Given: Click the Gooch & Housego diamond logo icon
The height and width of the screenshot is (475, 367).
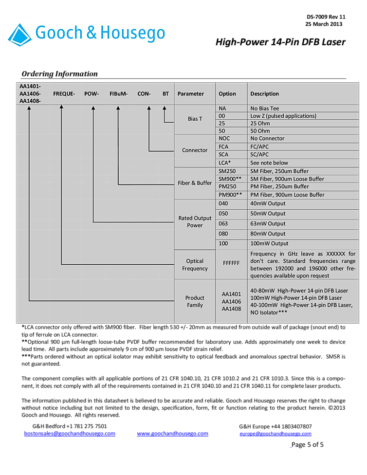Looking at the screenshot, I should pyautogui.click(x=19, y=35).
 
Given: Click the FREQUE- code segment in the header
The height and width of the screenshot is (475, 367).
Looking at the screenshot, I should pyautogui.click(x=64, y=93).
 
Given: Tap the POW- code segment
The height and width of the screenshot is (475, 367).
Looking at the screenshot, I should pyautogui.click(x=92, y=93).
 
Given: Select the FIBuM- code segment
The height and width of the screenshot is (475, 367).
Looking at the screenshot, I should pyautogui.click(x=118, y=93).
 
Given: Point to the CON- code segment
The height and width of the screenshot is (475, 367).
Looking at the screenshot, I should pyautogui.click(x=144, y=93).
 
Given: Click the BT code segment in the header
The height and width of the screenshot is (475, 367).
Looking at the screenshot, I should pyautogui.click(x=165, y=93).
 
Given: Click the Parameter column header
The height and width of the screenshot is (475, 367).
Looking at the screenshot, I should pyautogui.click(x=191, y=93).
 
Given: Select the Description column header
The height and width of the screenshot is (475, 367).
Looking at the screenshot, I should pyautogui.click(x=265, y=93).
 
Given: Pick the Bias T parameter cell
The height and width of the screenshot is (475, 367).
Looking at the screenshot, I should pyautogui.click(x=195, y=119).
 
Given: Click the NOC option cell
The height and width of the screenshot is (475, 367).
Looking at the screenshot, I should pyautogui.click(x=224, y=138).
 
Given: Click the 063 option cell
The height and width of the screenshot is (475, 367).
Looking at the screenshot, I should pyautogui.click(x=223, y=223).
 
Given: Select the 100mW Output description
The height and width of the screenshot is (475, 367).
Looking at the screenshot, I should pyautogui.click(x=269, y=243).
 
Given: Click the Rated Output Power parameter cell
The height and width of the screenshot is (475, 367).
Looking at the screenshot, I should pyautogui.click(x=195, y=221).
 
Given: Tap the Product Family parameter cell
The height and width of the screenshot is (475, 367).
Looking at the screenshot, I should pyautogui.click(x=195, y=301).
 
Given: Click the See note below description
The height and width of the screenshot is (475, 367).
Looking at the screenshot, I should pyautogui.click(x=269, y=163).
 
